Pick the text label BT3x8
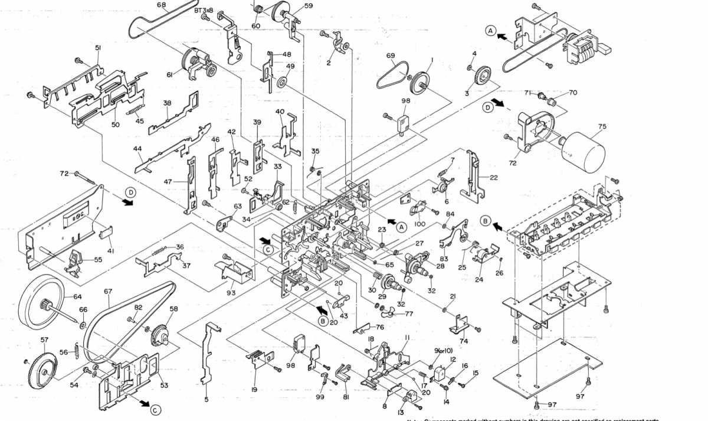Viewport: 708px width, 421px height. click(x=204, y=11)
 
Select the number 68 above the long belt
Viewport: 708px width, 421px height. click(x=161, y=5)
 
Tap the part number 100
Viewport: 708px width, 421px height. click(x=420, y=224)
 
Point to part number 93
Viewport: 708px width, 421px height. click(x=231, y=293)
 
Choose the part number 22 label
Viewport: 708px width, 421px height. click(x=493, y=178)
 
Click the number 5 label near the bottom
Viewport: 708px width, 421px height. click(x=206, y=400)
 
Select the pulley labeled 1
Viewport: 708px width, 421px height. click(x=421, y=81)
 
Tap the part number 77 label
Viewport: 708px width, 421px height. click(x=408, y=314)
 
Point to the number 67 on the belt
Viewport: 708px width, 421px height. click(x=108, y=291)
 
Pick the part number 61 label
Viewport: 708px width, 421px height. click(x=169, y=74)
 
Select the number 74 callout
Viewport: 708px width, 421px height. click(x=464, y=341)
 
